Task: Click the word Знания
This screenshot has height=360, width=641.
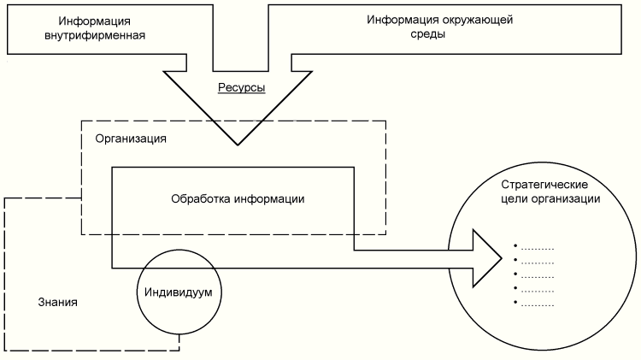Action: [58, 302]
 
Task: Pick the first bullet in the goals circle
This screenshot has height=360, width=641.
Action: [515, 246]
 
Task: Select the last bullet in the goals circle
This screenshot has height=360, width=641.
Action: [515, 304]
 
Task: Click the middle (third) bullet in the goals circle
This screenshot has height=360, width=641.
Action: [515, 275]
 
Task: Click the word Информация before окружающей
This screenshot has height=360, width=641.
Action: [397, 20]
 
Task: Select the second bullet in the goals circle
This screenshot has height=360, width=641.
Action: [515, 261]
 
